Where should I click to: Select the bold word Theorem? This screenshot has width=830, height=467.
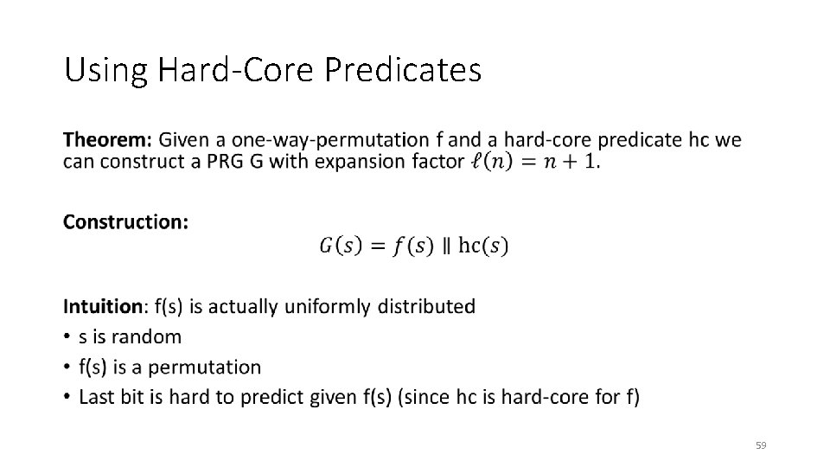[108, 140]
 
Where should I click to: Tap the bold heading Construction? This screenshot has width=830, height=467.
[125, 222]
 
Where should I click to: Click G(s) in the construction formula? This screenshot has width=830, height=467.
[336, 246]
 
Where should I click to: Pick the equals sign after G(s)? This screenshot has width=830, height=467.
[373, 246]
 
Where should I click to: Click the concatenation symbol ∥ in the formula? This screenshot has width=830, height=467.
[446, 246]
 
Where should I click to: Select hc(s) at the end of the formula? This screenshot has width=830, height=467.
[483, 246]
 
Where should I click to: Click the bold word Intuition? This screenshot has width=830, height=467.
[103, 306]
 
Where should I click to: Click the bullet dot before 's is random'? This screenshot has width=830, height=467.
[67, 337]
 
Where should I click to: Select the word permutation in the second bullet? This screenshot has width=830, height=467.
[207, 367]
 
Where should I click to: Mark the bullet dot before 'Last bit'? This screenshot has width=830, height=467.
[67, 398]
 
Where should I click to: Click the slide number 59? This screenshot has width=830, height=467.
[761, 445]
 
